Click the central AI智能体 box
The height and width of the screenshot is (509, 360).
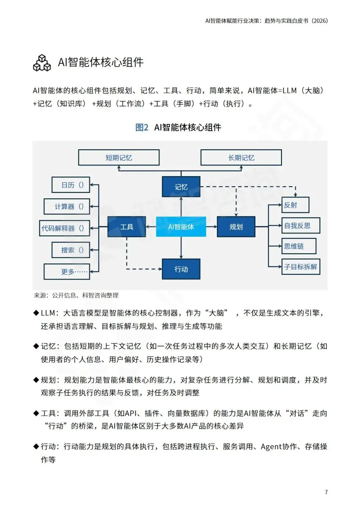point(181,227)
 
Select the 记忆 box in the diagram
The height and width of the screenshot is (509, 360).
point(181,187)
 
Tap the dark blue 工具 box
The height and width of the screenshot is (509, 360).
point(126,227)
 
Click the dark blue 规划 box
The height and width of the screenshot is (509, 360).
point(236,227)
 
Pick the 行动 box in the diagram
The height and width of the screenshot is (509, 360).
point(181,269)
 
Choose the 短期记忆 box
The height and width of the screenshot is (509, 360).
point(119,158)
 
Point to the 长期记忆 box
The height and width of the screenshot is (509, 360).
point(241,158)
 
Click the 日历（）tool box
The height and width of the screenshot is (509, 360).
point(71,185)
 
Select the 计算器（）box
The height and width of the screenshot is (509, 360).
point(67,207)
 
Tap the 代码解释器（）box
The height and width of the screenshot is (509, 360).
point(65,228)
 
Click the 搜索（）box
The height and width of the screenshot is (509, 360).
point(71,250)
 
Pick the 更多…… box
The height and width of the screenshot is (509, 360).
point(67,271)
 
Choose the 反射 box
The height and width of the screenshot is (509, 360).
point(295,205)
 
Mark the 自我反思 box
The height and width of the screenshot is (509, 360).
point(301,226)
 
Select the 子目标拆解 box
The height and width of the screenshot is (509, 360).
point(301,267)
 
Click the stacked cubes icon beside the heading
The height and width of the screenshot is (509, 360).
point(42,63)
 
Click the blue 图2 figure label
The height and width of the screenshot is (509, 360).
point(142,127)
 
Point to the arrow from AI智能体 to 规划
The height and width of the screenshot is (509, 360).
point(211,227)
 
